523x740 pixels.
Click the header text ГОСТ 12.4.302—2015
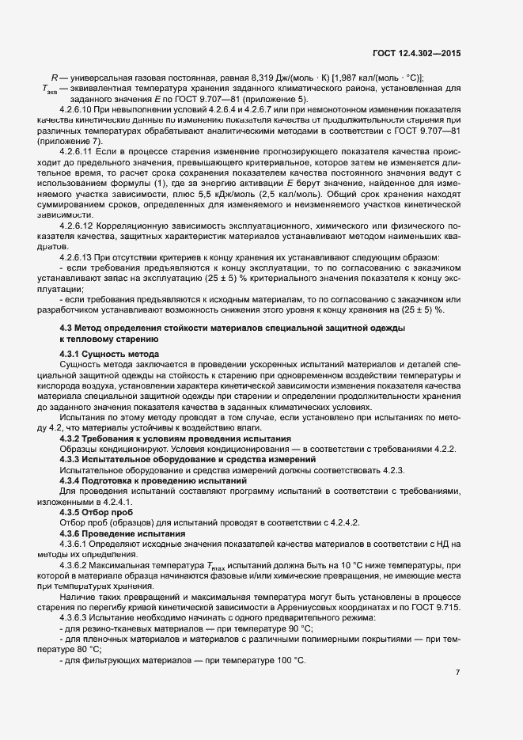[x=416, y=53]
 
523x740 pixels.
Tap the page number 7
[x=458, y=672]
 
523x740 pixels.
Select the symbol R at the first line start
[x=54, y=77]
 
